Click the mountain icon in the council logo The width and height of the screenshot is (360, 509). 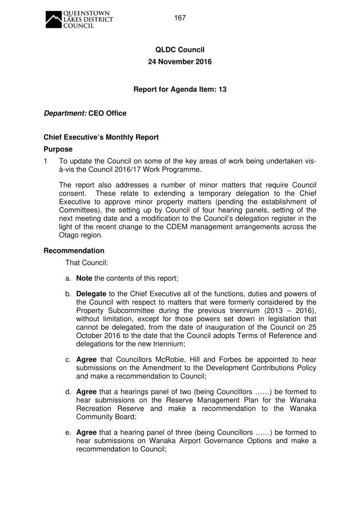click(x=53, y=20)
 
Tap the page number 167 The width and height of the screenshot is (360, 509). click(x=180, y=18)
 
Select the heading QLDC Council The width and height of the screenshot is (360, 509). click(x=180, y=50)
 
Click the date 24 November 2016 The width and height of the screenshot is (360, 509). click(x=180, y=62)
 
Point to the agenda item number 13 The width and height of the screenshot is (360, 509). click(x=222, y=90)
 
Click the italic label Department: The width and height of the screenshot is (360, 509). click(x=64, y=113)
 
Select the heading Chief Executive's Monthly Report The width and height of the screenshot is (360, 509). click(x=101, y=137)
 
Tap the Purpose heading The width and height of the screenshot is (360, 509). click(x=58, y=149)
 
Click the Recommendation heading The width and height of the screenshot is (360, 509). click(x=74, y=251)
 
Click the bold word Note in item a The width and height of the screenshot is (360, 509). click(x=84, y=278)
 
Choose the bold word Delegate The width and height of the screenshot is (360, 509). click(x=91, y=294)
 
